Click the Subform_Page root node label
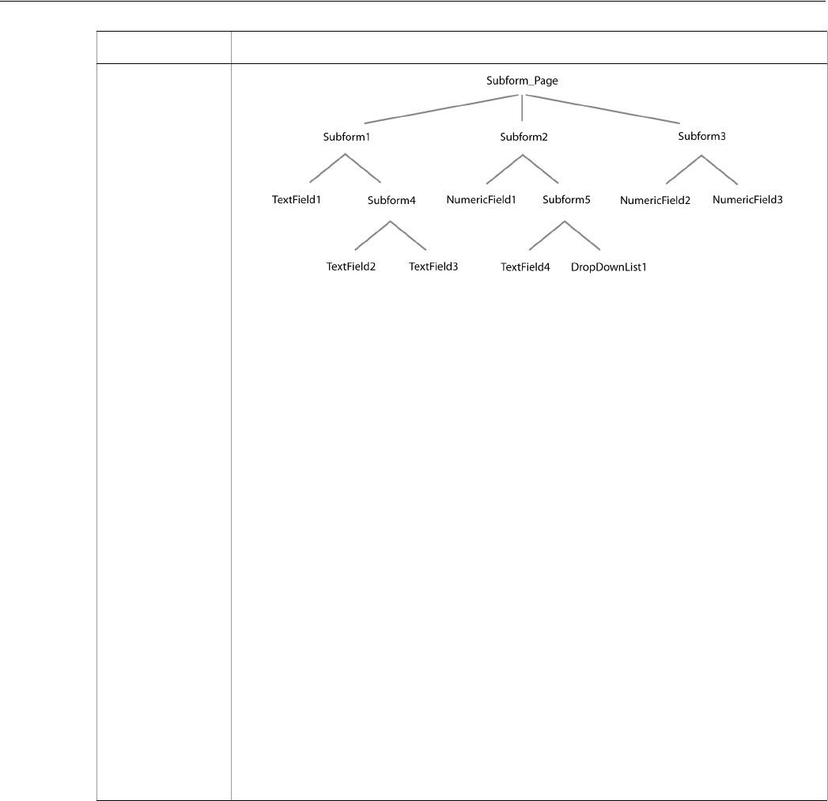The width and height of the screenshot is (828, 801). tap(522, 81)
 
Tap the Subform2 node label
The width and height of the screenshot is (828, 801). tap(523, 136)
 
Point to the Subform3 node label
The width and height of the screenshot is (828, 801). tap(701, 136)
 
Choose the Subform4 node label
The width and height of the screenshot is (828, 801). tap(391, 200)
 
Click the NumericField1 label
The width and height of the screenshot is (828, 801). tap(481, 199)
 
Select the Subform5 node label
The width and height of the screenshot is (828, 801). tap(567, 200)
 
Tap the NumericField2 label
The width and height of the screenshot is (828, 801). tap(655, 200)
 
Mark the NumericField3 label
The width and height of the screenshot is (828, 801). tap(747, 199)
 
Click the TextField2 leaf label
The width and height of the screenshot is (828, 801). tap(351, 266)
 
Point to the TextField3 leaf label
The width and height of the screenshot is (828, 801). tap(433, 266)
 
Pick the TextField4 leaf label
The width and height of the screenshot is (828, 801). tap(525, 266)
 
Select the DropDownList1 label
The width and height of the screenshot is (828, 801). tap(609, 266)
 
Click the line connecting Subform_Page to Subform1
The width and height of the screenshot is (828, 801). tap(439, 109)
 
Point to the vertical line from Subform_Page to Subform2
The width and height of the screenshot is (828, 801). tap(522, 108)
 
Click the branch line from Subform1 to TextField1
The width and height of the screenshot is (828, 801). tap(327, 168)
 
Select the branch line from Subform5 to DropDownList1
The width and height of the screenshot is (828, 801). tap(584, 235)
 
